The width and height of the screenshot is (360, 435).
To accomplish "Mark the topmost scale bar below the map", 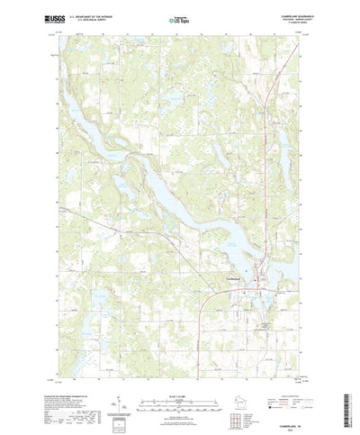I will (179, 386).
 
